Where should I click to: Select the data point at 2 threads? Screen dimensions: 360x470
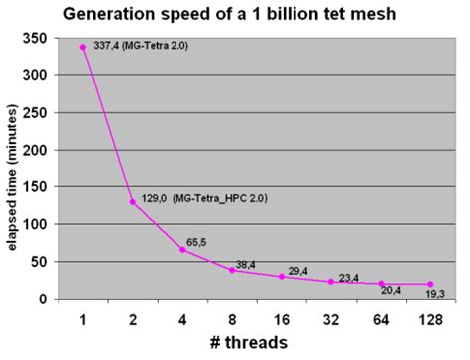[x=132, y=202]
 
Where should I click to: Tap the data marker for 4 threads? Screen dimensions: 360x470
[x=181, y=250]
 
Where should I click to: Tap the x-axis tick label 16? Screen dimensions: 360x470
[x=282, y=319]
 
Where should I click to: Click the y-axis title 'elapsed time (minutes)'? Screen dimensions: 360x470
[x=12, y=169]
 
